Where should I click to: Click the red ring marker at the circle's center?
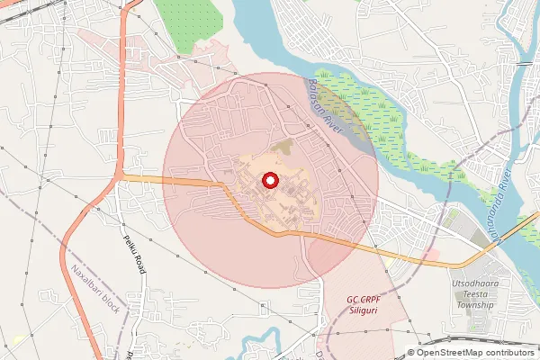pyautogui.click(x=269, y=181)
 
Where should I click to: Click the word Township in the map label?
pyautogui.click(x=476, y=305)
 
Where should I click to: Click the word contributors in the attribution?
pyautogui.click(x=511, y=353)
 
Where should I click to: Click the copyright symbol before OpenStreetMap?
pyautogui.click(x=411, y=353)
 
